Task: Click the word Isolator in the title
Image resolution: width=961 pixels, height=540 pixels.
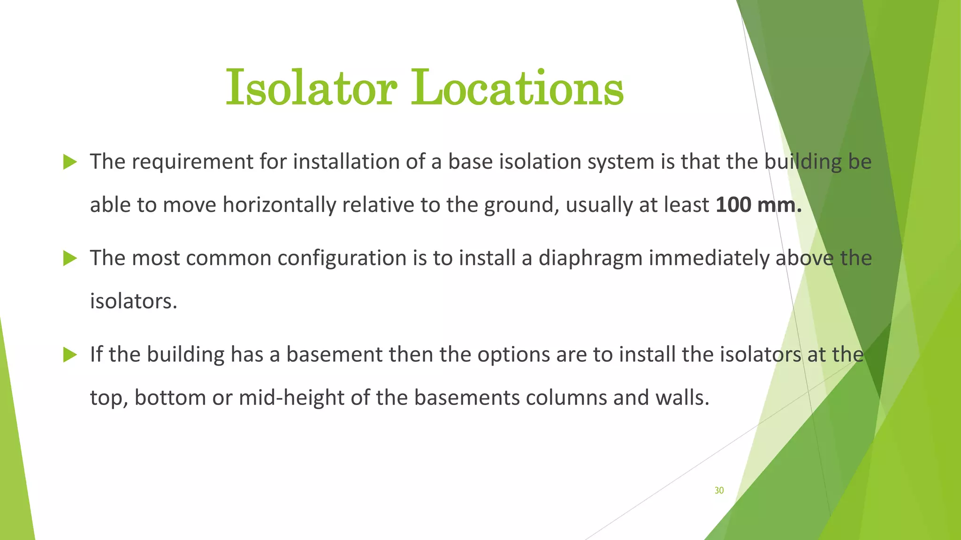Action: tap(311, 88)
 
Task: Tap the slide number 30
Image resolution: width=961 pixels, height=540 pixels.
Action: tap(719, 490)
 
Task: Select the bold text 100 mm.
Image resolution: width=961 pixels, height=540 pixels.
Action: tap(759, 205)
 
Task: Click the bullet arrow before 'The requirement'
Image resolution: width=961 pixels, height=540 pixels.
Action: tap(70, 162)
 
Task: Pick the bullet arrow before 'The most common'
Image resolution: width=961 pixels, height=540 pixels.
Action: tap(70, 258)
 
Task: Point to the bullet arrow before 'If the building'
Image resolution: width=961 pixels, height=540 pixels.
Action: tap(70, 355)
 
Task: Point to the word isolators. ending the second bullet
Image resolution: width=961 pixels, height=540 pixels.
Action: tap(134, 301)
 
